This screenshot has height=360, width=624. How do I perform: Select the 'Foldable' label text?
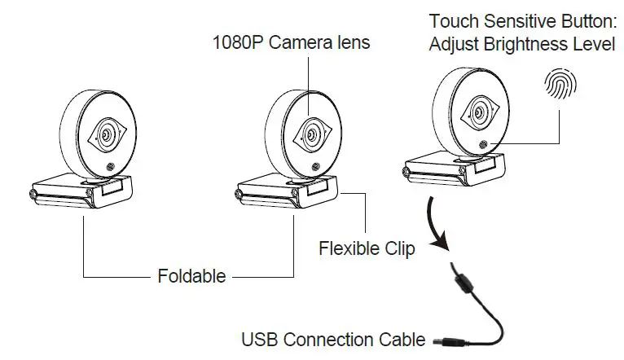pos(191,275)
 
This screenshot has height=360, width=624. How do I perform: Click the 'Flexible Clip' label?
pos(367,248)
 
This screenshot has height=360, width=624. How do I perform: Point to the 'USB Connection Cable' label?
pos(333,338)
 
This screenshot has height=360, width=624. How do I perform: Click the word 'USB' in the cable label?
pos(259,338)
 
